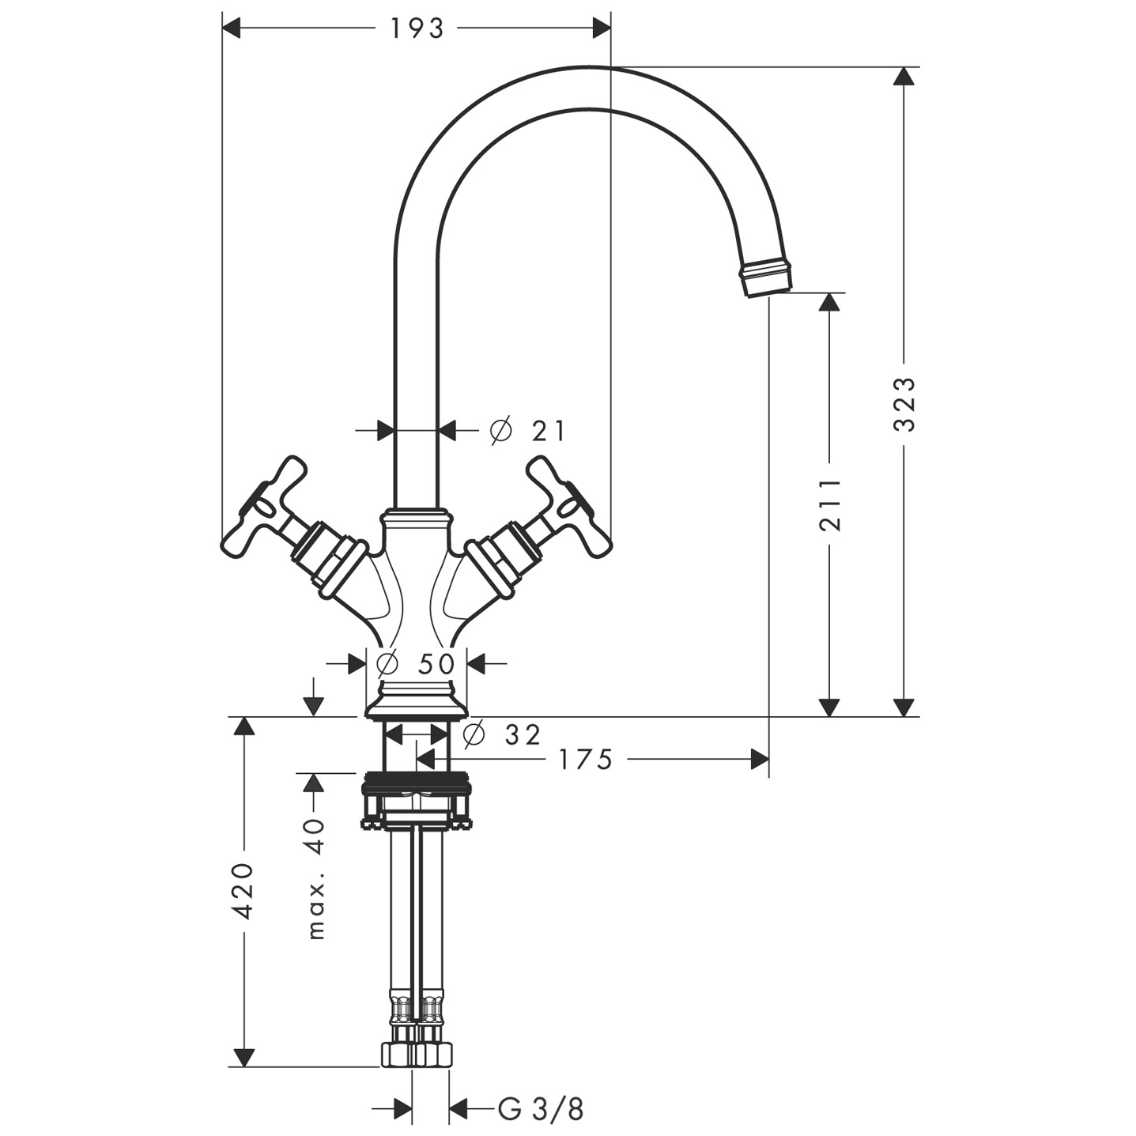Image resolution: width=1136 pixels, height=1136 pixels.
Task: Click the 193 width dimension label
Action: (417, 28)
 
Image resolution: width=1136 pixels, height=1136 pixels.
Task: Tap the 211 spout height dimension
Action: (829, 504)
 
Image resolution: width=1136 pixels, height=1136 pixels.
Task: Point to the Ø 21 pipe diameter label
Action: (528, 431)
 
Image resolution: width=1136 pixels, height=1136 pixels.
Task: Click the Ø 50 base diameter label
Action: (417, 663)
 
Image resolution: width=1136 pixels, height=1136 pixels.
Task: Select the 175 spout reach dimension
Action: (585, 760)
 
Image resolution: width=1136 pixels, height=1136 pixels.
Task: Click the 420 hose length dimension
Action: (244, 891)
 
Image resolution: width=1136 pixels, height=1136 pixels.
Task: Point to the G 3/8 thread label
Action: (541, 1109)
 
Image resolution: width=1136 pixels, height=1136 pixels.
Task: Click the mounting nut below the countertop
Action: (416, 802)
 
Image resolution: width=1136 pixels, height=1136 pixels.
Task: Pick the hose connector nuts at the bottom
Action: (416, 1053)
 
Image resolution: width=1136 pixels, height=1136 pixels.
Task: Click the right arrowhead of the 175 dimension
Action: (760, 760)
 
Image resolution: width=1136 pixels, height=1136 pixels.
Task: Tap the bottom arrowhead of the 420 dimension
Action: (244, 1057)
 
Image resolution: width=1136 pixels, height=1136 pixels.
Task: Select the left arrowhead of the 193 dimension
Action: (231, 28)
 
